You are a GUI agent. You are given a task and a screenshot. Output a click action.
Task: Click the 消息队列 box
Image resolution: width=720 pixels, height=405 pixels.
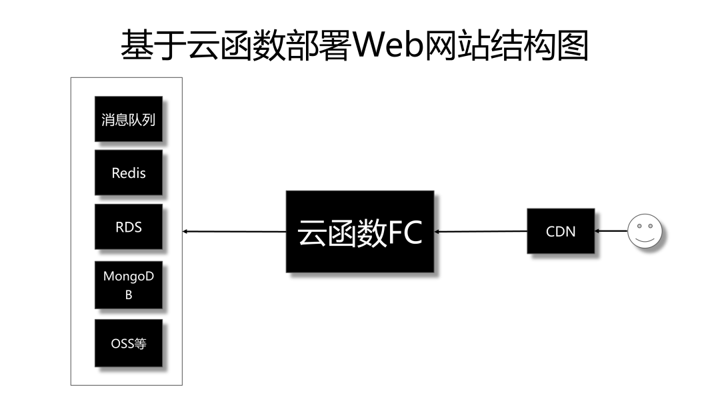pos(129,119)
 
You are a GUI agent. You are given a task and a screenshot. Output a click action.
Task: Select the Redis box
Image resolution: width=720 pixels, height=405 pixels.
pos(129,173)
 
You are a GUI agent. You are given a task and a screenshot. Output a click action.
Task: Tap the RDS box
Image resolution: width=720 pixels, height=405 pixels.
pos(129,226)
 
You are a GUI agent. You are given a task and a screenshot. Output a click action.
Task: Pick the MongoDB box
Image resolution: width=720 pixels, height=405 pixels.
pos(129,285)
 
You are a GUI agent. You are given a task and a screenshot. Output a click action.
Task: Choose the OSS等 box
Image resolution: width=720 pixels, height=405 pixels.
pos(129,343)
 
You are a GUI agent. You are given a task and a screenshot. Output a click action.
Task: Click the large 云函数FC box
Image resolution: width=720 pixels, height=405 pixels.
pos(360,232)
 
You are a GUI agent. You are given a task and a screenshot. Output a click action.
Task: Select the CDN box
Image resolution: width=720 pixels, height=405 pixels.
pos(561,231)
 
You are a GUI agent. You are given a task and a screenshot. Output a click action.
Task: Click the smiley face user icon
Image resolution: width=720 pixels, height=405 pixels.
pos(645,230)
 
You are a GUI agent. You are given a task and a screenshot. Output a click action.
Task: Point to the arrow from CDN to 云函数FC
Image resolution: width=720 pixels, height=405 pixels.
pos(480,232)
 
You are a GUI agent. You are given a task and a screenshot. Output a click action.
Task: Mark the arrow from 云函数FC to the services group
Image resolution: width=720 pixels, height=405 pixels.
pos(234,232)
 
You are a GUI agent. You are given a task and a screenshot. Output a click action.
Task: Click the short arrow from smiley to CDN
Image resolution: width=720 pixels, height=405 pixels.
pos(611,230)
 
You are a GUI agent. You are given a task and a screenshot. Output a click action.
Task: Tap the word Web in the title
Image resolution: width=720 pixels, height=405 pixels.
pos(387,45)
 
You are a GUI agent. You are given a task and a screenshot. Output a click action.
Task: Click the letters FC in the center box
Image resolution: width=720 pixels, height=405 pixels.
pos(405,232)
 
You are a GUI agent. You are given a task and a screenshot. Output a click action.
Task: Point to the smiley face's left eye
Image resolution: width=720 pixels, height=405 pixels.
pos(639,226)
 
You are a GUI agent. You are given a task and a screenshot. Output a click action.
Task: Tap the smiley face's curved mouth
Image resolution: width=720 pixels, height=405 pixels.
pos(645,239)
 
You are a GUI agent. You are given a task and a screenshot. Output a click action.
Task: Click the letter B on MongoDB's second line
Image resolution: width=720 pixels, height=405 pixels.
pos(129,295)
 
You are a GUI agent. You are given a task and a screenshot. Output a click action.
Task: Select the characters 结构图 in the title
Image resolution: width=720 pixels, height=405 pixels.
pos(539,45)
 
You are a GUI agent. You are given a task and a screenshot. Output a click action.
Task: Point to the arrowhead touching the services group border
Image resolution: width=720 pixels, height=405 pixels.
pos(185,232)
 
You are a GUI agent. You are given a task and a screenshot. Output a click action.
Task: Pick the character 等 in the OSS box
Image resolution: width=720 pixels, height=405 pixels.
pos(140,344)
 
